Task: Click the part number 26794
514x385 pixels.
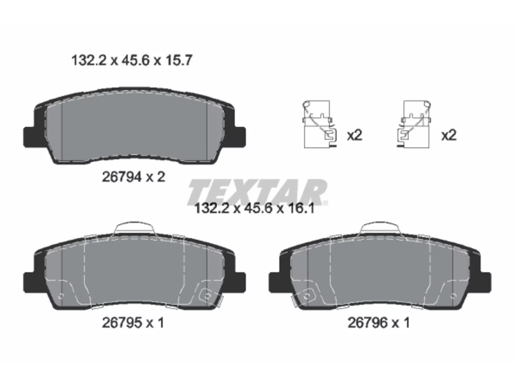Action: [122, 177]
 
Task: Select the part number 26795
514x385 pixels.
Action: [122, 323]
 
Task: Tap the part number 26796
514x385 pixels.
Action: [367, 323]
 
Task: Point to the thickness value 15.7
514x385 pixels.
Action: [179, 60]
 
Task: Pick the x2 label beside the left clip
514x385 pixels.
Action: [354, 135]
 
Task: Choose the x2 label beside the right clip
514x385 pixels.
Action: [449, 135]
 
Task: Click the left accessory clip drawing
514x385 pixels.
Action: [320, 124]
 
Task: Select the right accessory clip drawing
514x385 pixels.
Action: [414, 124]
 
